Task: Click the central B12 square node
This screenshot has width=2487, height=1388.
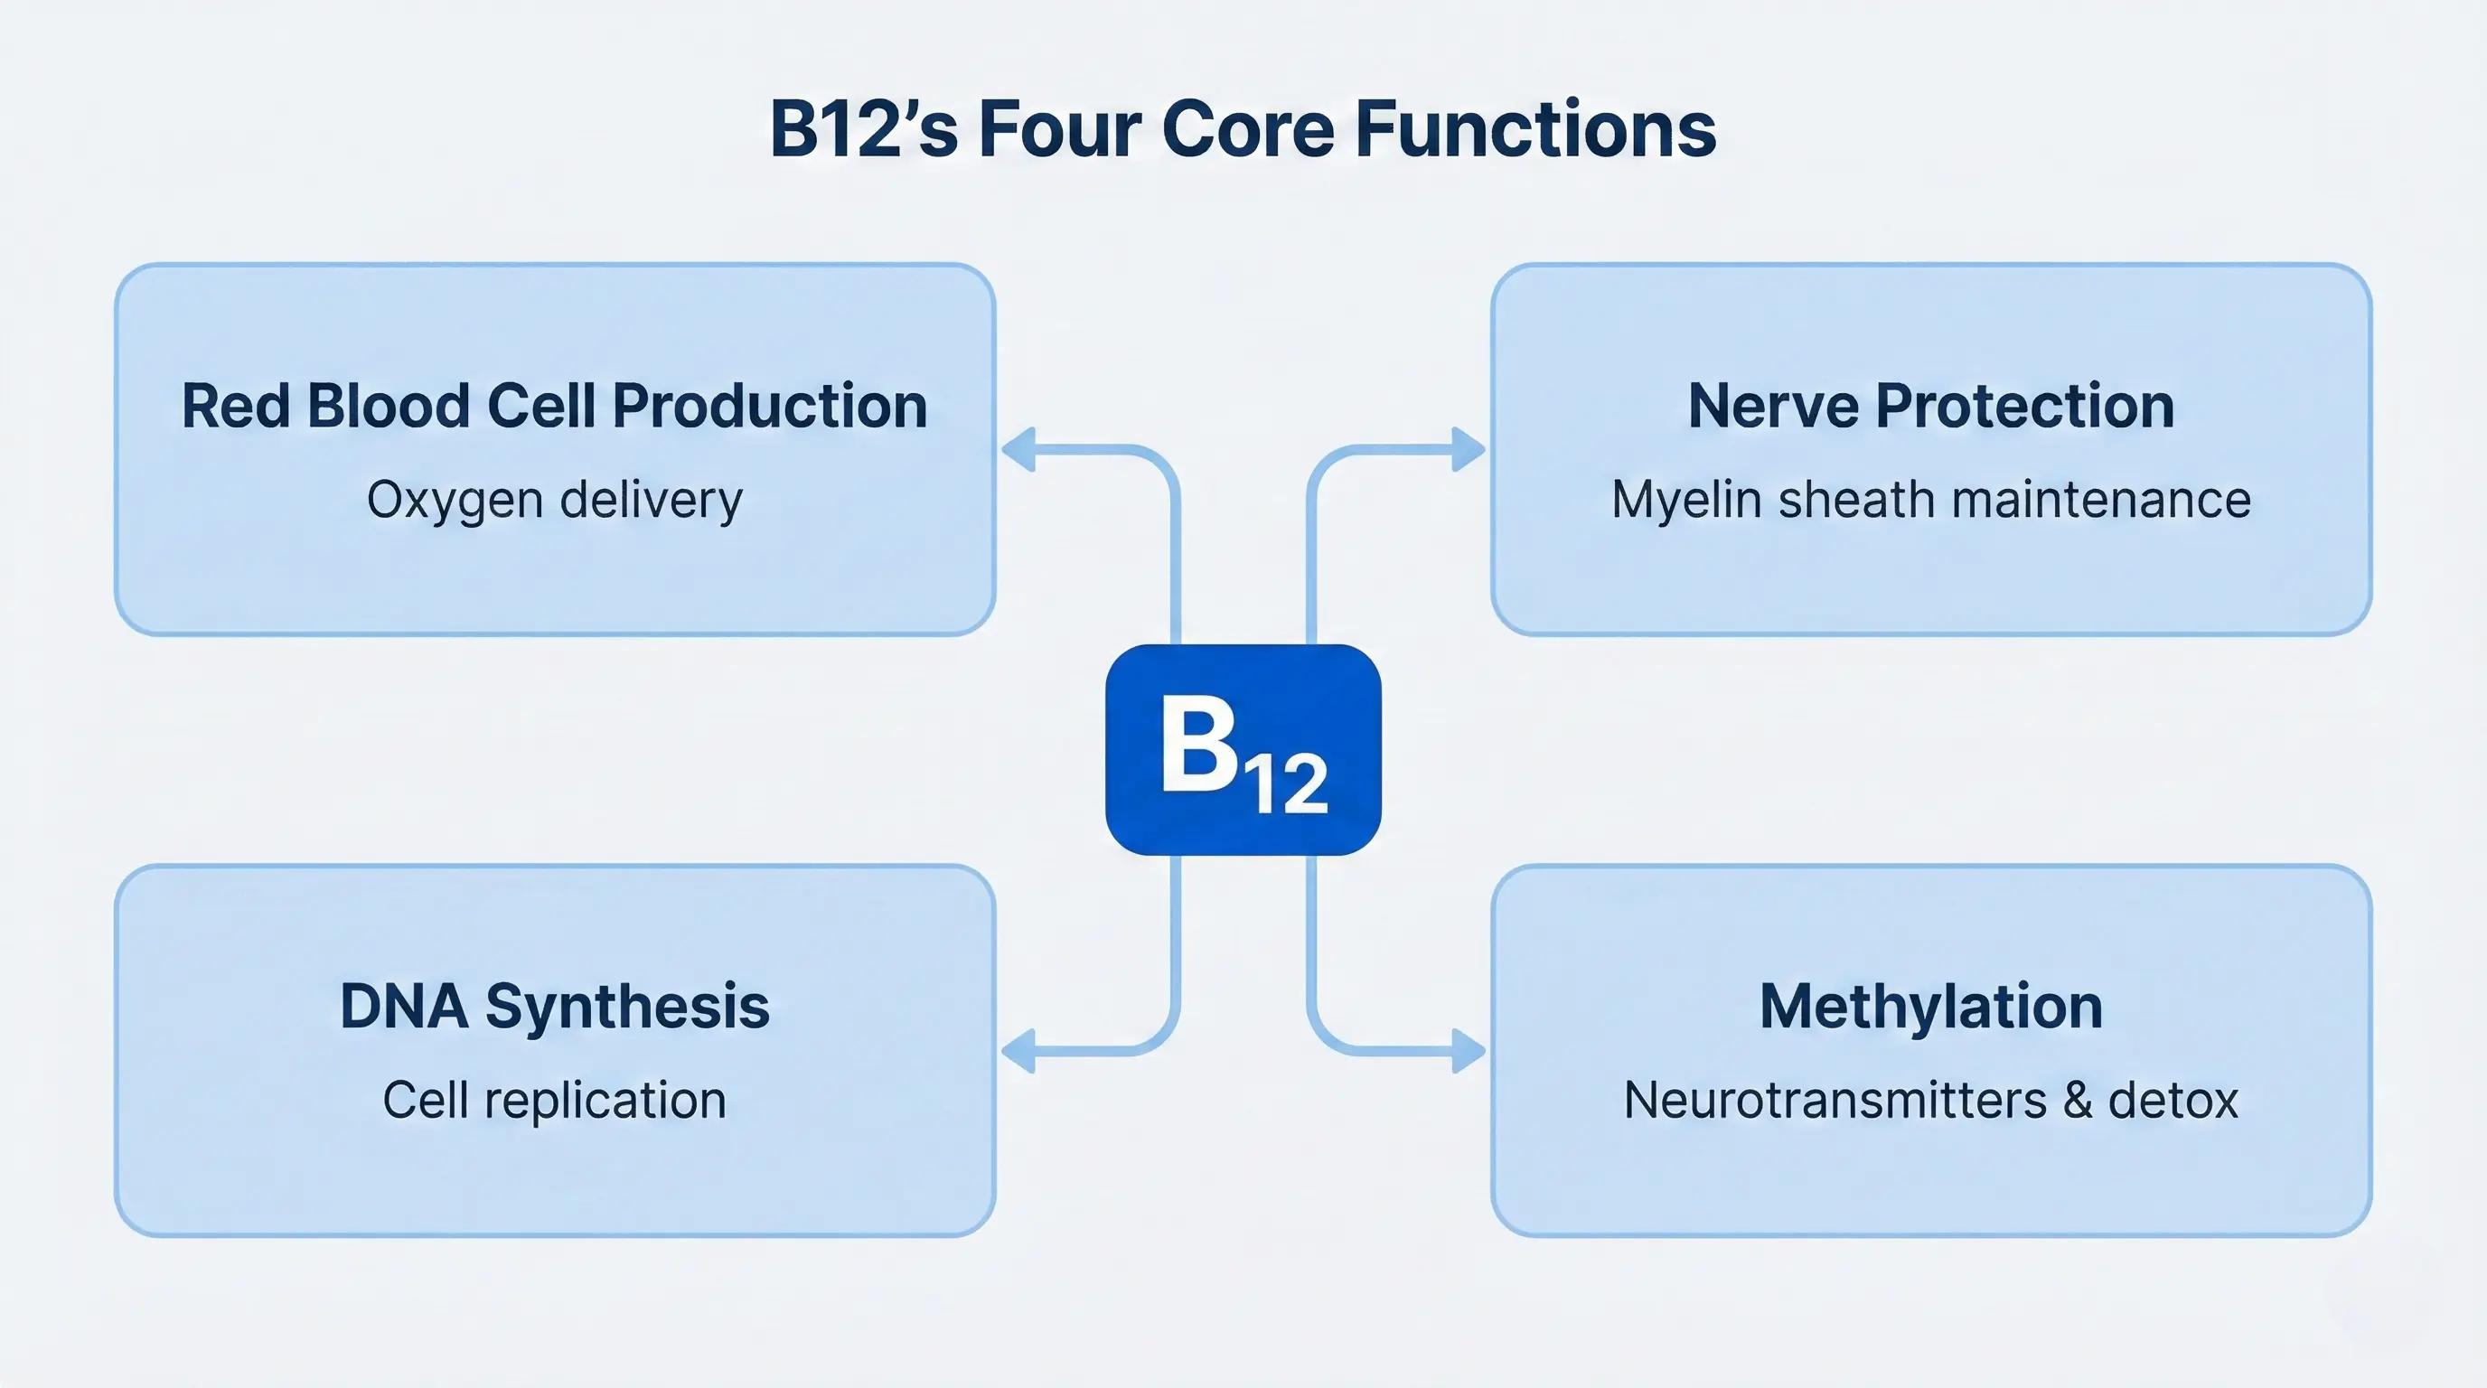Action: point(1243,749)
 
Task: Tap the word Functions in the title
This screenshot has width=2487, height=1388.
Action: point(1535,129)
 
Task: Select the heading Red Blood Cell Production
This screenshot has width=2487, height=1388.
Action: point(554,406)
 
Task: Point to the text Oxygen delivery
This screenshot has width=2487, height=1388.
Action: point(554,500)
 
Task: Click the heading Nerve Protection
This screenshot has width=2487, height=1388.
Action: point(1931,406)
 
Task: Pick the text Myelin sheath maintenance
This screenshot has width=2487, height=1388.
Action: point(1931,500)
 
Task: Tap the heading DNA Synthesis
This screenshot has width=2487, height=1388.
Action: point(554,1006)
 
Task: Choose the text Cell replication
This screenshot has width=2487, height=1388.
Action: point(554,1101)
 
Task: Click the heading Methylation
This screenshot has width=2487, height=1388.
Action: point(1931,1006)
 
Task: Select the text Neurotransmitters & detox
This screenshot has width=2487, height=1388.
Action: point(1931,1101)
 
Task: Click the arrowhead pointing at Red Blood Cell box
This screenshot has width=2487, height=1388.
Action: point(1018,450)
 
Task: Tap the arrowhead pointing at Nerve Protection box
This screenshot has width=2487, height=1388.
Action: point(1468,450)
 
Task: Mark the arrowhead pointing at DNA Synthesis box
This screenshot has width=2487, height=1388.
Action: point(1018,1050)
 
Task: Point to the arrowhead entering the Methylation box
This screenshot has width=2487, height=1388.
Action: point(1468,1050)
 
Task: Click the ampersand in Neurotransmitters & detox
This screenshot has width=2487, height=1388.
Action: point(2078,1101)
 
